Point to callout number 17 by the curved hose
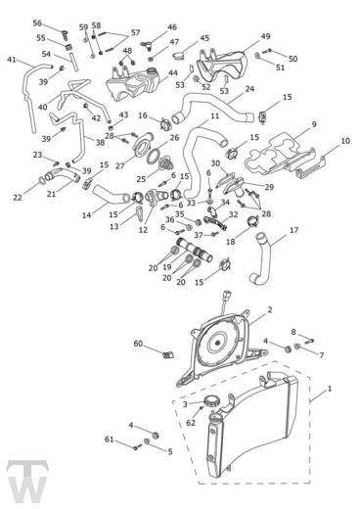click(x=293, y=232)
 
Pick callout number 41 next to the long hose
click(x=12, y=60)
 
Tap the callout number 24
click(x=249, y=89)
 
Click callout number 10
click(x=343, y=143)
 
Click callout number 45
click(x=204, y=38)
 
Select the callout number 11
click(x=214, y=116)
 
